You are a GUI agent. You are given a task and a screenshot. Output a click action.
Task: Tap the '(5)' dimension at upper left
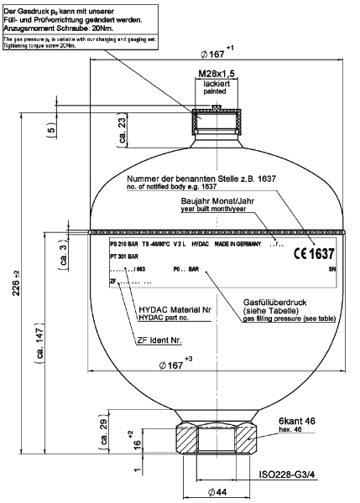(x=52, y=132)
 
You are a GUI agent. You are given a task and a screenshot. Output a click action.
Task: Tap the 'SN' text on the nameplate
(x=332, y=270)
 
